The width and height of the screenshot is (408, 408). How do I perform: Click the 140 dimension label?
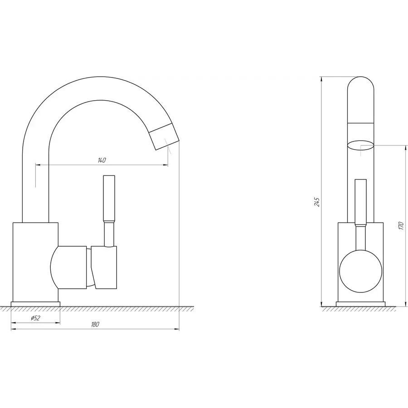pyautogui.click(x=102, y=160)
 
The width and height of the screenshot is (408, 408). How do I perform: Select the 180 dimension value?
pyautogui.click(x=95, y=324)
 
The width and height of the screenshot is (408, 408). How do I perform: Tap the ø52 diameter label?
pyautogui.click(x=35, y=318)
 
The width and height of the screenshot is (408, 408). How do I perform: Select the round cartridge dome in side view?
pyautogui.click(x=68, y=267)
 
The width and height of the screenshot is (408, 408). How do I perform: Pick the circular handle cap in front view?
pyautogui.click(x=360, y=272)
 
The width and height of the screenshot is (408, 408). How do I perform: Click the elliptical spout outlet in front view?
pyautogui.click(x=361, y=145)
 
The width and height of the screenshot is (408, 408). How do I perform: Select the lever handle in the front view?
pyautogui.click(x=360, y=202)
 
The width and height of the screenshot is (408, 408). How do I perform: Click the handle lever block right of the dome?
pyautogui.click(x=104, y=267)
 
